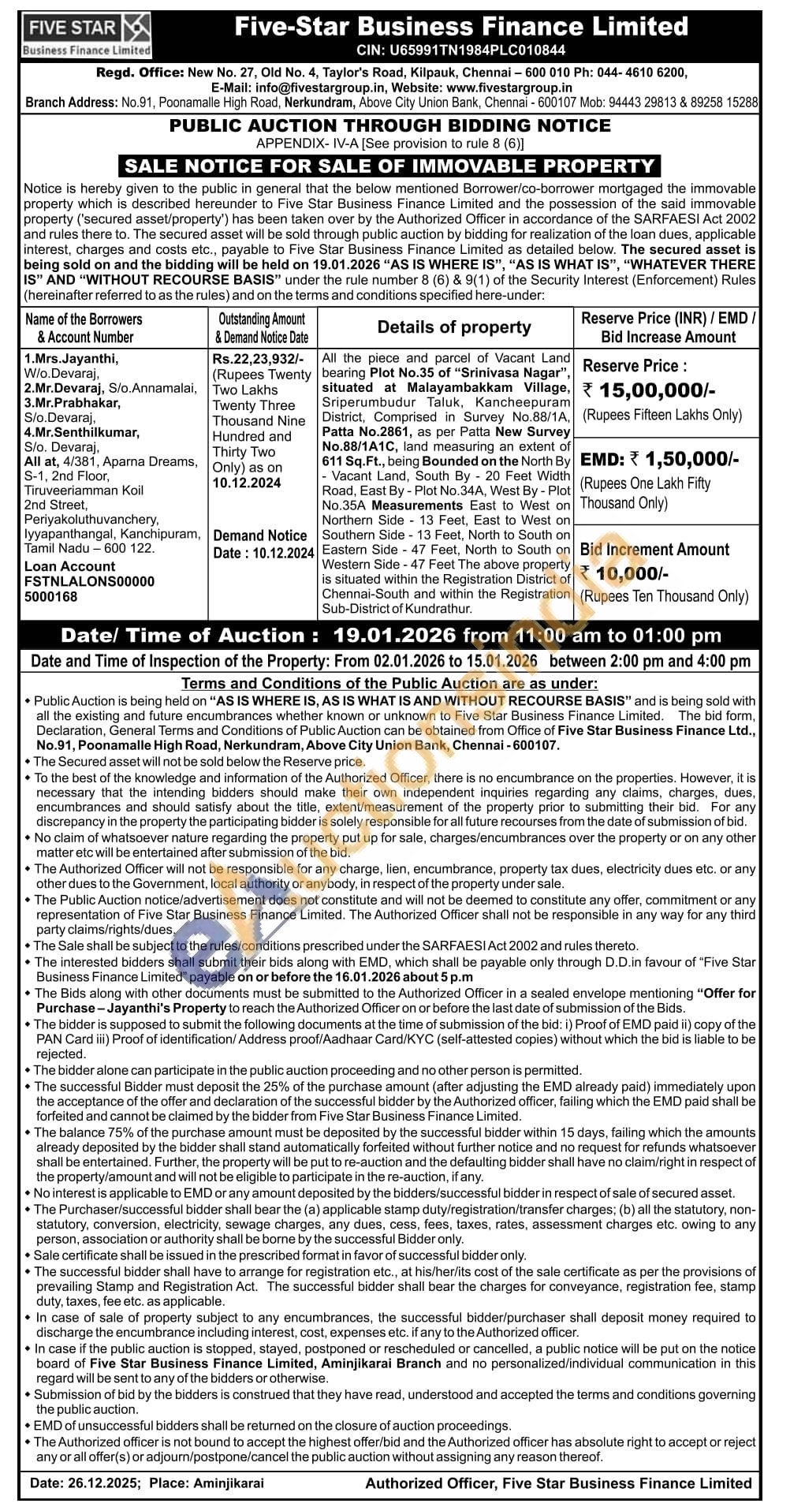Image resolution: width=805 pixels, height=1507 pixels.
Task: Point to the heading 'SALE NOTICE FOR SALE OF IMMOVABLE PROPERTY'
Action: tap(389, 166)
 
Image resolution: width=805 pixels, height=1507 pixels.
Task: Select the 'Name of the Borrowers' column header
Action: tap(84, 319)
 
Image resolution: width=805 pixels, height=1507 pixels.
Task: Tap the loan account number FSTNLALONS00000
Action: tap(89, 581)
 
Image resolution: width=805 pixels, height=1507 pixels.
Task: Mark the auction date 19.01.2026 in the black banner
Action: tap(394, 636)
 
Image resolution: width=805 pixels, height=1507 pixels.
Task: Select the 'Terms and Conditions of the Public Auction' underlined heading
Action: tap(389, 684)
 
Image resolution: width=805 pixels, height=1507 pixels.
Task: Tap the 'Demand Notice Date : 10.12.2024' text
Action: tap(263, 544)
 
